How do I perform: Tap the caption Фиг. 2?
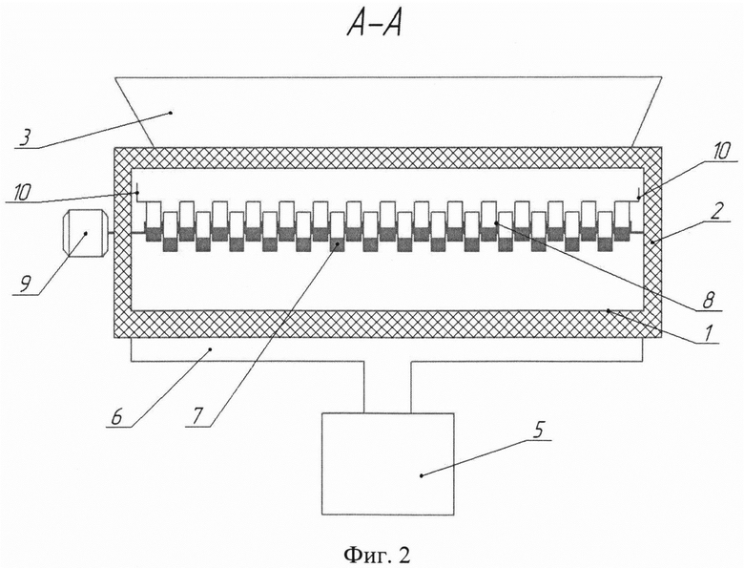[376, 554]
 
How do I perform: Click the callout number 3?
[26, 137]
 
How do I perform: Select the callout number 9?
[24, 284]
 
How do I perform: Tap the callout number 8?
[707, 301]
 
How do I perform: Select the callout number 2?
[720, 211]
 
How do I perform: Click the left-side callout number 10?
[21, 192]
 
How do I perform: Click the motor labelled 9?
[86, 233]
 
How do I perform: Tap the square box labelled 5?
[387, 464]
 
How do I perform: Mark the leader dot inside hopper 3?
[171, 113]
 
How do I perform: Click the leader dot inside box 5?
[422, 474]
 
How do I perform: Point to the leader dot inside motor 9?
[86, 233]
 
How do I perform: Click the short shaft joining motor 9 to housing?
[112, 233]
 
